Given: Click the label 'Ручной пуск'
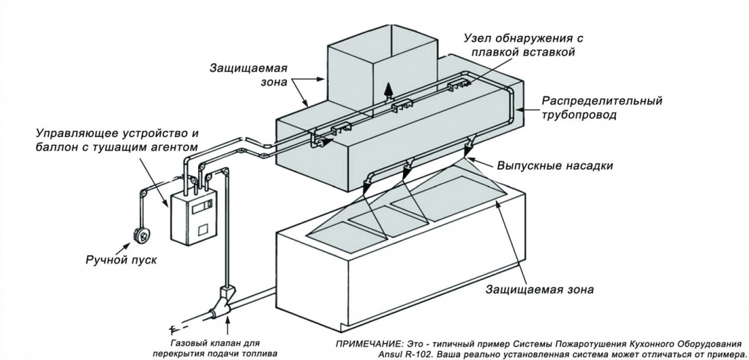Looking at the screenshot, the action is [121, 260].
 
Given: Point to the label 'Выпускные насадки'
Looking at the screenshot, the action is [554, 165].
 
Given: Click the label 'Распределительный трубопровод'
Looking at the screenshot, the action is [602, 108].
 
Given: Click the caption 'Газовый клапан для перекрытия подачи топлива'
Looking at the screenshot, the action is [215, 348].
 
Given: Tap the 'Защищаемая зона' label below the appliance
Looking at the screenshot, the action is [540, 290].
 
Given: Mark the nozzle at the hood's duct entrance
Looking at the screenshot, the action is [322, 142].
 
